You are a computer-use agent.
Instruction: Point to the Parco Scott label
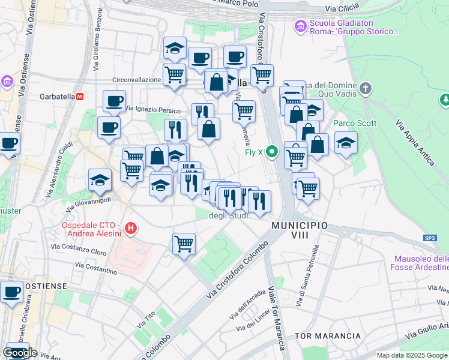(x=355, y=124)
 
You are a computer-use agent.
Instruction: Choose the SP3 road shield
(x=430, y=238)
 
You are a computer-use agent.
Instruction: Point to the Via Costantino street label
(x=97, y=268)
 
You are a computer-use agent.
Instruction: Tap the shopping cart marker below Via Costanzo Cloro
(x=184, y=244)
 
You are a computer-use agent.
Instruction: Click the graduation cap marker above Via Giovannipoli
(x=100, y=179)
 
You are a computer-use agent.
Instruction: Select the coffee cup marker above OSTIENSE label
(x=11, y=292)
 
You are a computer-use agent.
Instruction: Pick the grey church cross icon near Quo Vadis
(x=366, y=90)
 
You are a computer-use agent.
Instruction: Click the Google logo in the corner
(x=20, y=353)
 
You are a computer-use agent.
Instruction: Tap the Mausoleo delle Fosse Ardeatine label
(x=420, y=263)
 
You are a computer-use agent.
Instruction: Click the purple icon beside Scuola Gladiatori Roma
(x=299, y=27)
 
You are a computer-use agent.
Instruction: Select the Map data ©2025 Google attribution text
(x=412, y=355)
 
